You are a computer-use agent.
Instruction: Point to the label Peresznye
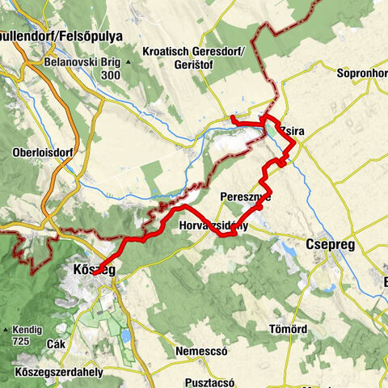[245, 196]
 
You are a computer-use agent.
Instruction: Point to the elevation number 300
[112, 75]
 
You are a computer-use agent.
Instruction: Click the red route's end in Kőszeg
[95, 274]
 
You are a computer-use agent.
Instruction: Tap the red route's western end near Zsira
[233, 119]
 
